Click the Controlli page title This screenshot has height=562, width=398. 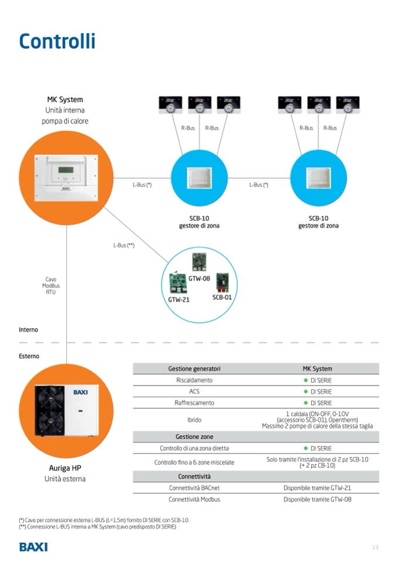point(57,42)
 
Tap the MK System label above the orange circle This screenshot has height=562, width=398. point(65,100)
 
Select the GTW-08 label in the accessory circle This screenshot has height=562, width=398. point(200,278)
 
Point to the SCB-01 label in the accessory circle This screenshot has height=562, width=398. point(222,297)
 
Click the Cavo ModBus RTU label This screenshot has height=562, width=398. point(51,285)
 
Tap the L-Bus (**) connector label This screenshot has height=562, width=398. point(124,246)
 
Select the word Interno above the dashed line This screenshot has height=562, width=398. point(28,330)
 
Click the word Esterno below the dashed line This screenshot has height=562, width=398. point(29,356)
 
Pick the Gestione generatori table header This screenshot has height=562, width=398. point(194,369)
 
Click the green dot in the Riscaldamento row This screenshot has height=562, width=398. point(306,380)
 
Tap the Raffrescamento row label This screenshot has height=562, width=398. point(194,403)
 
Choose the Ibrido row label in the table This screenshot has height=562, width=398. point(194,420)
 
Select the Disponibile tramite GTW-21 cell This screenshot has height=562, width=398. point(317,488)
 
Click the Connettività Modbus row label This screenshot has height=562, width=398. point(194,499)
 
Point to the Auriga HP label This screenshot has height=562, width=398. point(65,468)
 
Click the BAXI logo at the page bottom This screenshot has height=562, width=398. point(33,547)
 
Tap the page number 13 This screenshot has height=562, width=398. point(375,547)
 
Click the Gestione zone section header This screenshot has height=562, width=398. point(194,437)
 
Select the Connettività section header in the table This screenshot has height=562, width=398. point(194,476)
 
